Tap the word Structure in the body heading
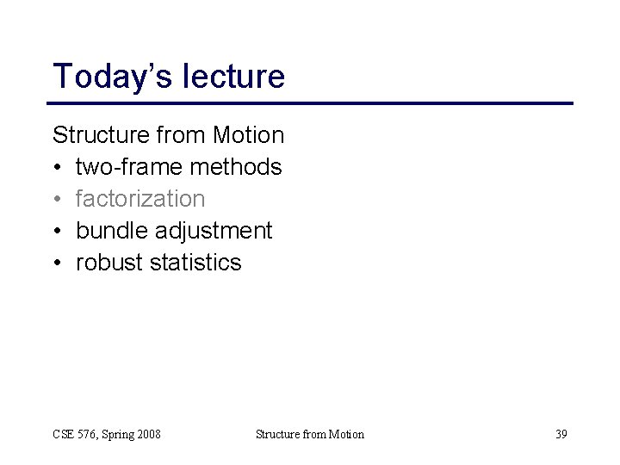pyautogui.click(x=102, y=135)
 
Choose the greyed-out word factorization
pyautogui.click(x=140, y=199)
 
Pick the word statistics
pyautogui.click(x=195, y=263)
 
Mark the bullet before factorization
pyautogui.click(x=58, y=200)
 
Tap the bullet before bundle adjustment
pyautogui.click(x=58, y=232)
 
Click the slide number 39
pyautogui.click(x=561, y=434)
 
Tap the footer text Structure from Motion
pyautogui.click(x=310, y=434)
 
